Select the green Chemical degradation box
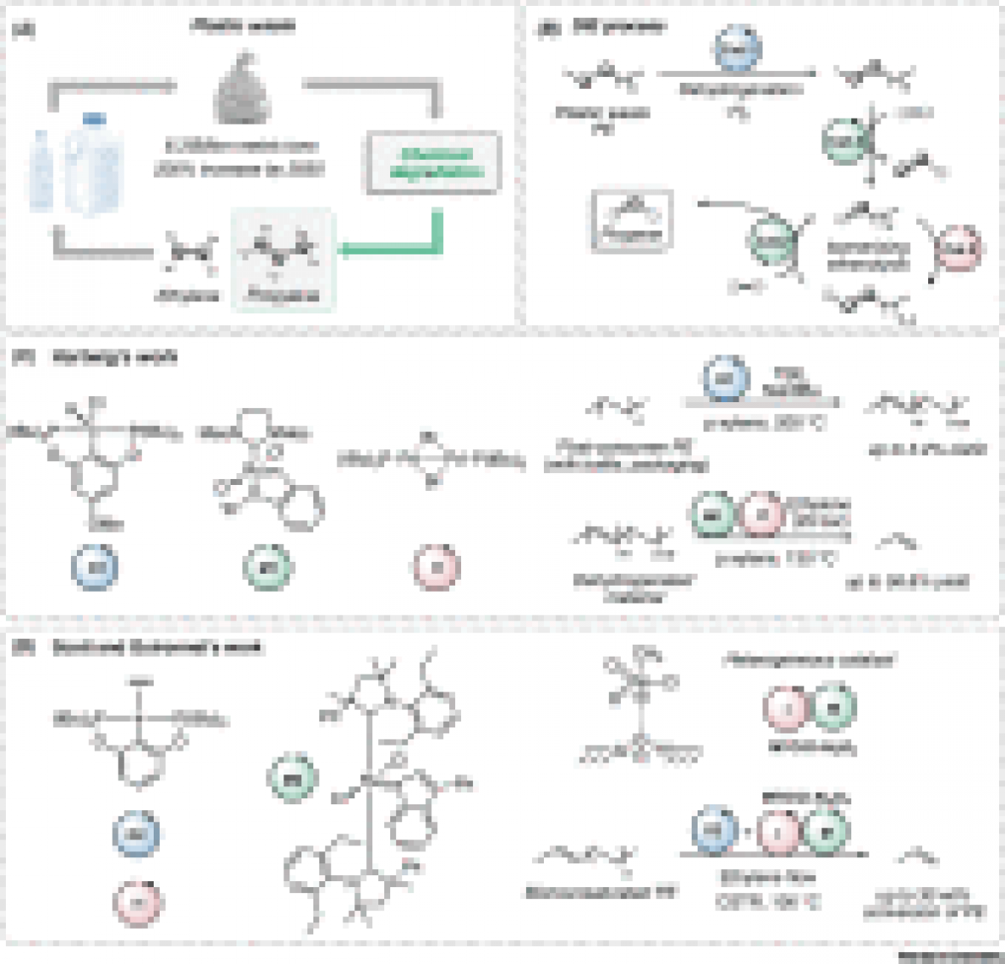point(435,162)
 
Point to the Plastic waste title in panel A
point(242,26)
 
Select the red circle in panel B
point(958,249)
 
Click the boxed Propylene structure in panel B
point(632,221)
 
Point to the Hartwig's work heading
point(114,357)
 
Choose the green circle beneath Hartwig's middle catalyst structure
point(265,567)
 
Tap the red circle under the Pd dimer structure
point(435,567)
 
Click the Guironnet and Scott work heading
point(157,648)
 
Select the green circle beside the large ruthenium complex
point(292,779)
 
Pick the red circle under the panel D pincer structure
point(137,902)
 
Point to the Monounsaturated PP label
point(601,893)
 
